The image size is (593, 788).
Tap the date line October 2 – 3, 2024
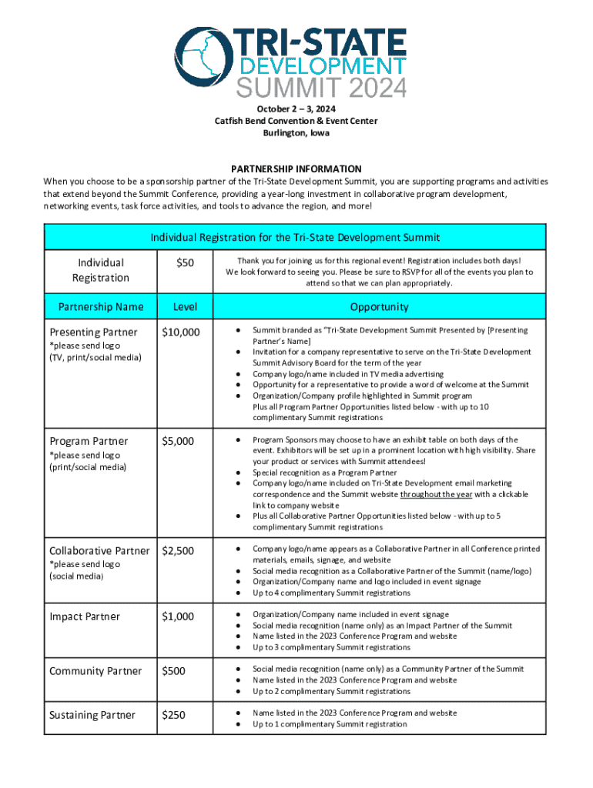click(296, 109)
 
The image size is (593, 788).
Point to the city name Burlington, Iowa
click(296, 132)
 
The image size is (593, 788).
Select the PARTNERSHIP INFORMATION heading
click(296, 169)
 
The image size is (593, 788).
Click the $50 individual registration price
click(185, 263)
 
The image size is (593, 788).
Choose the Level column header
click(185, 306)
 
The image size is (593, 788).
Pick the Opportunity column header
click(379, 306)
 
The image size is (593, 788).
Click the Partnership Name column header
click(101, 306)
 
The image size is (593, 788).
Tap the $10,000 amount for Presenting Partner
click(181, 332)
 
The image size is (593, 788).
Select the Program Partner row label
click(89, 441)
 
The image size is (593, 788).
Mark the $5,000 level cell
click(178, 441)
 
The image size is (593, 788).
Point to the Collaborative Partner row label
click(99, 550)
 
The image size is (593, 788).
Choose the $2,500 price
click(178, 550)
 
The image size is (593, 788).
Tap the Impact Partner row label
click(84, 616)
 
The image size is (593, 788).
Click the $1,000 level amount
click(178, 616)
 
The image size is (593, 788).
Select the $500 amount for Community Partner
click(174, 671)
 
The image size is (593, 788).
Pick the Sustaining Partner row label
click(92, 715)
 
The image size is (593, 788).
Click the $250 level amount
click(174, 715)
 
